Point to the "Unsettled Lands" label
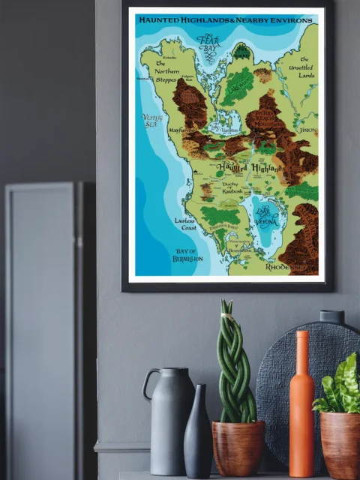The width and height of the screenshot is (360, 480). tap(305, 69)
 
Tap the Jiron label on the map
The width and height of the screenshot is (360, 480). tap(307, 130)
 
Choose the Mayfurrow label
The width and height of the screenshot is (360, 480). tap(177, 130)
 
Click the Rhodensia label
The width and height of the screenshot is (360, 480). tap(283, 267)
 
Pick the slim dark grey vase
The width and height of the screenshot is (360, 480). tap(198, 433)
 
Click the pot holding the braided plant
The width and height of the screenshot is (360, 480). tap(238, 448)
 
